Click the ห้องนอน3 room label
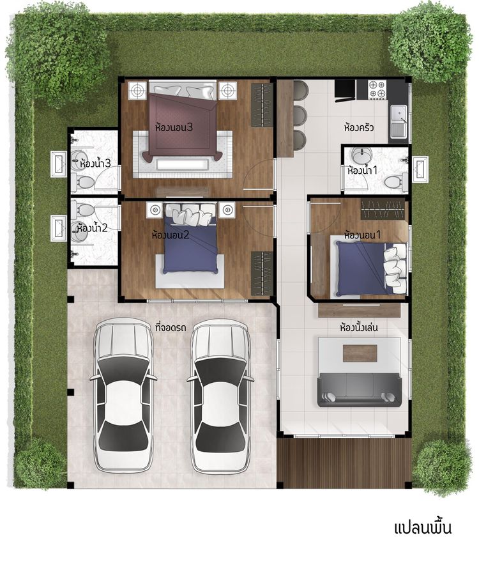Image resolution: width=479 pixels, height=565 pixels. (174, 128)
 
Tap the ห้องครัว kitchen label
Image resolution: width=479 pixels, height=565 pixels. (359, 128)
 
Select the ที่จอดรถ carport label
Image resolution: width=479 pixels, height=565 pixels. (171, 328)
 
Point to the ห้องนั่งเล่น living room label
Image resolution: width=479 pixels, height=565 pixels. (359, 328)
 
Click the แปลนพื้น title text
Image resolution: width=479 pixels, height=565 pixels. (423, 528)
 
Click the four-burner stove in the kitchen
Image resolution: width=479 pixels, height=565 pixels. (377, 89)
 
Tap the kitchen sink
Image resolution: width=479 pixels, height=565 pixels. (399, 123)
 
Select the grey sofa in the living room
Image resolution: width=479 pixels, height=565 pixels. (359, 391)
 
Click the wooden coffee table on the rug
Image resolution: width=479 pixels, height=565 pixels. (360, 353)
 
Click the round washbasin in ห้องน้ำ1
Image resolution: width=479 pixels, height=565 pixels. (359, 155)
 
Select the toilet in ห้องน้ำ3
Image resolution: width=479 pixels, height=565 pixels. (82, 182)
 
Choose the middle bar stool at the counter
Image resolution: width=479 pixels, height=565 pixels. (300, 115)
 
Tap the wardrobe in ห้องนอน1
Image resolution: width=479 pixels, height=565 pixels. (382, 210)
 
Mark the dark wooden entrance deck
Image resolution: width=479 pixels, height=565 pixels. (346, 463)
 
